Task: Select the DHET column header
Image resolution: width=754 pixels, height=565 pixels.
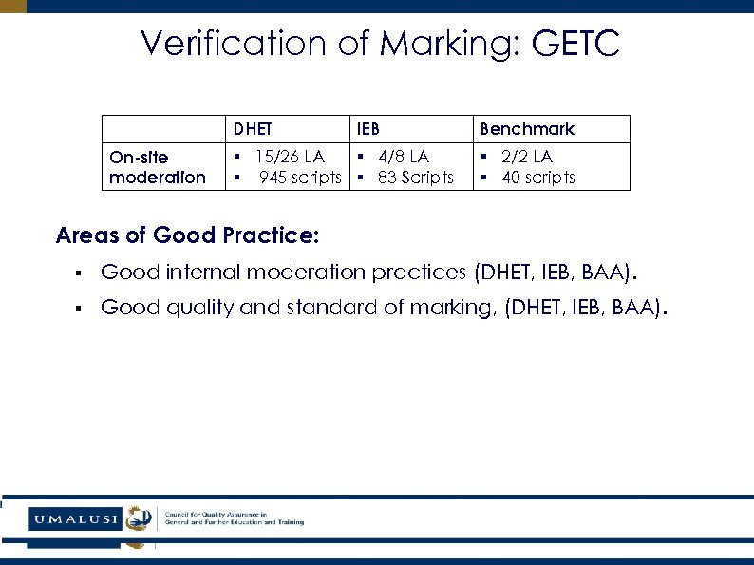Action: (x=252, y=129)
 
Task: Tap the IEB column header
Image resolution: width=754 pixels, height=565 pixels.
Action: (x=368, y=129)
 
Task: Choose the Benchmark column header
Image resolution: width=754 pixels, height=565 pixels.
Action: (x=527, y=129)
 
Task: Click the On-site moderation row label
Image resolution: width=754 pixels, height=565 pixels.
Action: (x=157, y=167)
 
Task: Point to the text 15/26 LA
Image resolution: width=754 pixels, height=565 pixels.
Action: (x=290, y=157)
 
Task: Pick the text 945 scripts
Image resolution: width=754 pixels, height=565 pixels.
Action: (x=300, y=178)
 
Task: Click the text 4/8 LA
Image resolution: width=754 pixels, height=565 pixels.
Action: (x=404, y=157)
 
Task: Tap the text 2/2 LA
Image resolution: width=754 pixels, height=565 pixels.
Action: (x=527, y=157)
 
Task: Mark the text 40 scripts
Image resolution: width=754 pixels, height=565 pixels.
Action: (x=538, y=178)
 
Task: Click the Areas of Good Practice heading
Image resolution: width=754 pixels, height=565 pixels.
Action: (x=188, y=235)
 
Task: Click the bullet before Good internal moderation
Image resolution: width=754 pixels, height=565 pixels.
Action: (x=76, y=274)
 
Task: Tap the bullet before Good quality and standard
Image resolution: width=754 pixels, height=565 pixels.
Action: (x=76, y=308)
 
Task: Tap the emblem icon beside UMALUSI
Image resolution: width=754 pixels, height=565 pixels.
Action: (x=140, y=519)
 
